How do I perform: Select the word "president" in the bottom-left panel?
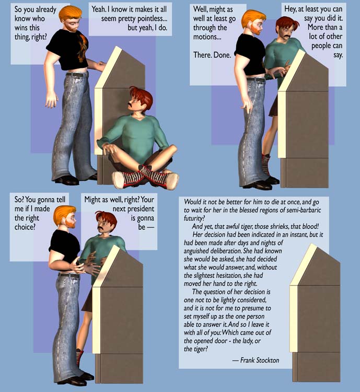pos(133,209)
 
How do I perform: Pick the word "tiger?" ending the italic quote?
pos(196,349)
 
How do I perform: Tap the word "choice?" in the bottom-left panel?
pos(25,227)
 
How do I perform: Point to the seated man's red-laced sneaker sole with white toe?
pos(121,180)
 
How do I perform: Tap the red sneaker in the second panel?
pos(266,164)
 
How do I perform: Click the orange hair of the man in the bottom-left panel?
pos(64,214)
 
